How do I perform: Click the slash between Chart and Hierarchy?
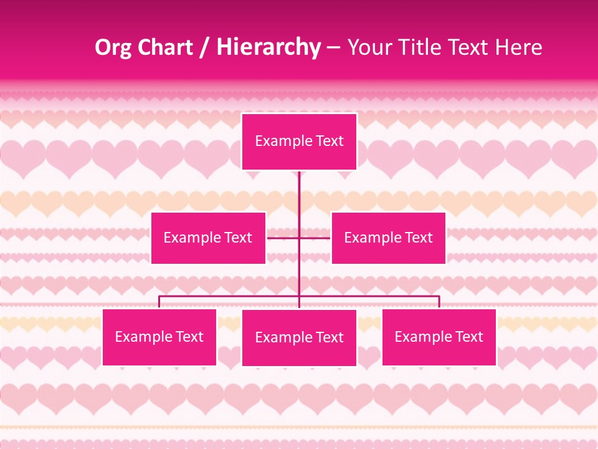tap(204, 47)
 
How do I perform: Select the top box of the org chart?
tap(299, 142)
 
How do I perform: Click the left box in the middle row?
tap(208, 238)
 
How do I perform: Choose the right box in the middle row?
tap(388, 238)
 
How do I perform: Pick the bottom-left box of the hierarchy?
tap(159, 337)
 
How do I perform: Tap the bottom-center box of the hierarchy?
tap(299, 337)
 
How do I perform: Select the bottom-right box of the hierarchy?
tap(439, 337)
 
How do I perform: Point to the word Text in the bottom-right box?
tap(468, 337)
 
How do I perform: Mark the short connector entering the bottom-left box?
tap(159, 302)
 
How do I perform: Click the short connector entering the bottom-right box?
tap(439, 302)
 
